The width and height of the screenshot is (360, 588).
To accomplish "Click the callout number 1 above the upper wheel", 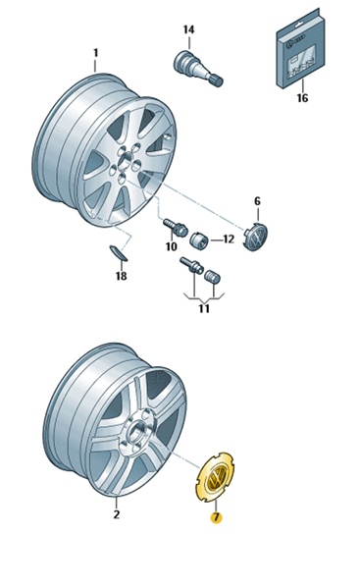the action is [x=95, y=53].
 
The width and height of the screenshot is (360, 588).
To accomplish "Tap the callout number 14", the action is [x=188, y=29].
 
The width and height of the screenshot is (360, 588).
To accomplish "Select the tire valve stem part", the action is [x=198, y=69].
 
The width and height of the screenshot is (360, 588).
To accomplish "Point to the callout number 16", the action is [x=302, y=98].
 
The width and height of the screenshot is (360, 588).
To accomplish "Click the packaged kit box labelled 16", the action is [x=300, y=48].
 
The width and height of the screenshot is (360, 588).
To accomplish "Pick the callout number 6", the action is [x=257, y=201].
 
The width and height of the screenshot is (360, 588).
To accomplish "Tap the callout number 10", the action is [x=172, y=246].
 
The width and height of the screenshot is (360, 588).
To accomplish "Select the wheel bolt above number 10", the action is [x=176, y=228].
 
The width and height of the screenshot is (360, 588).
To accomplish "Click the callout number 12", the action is [x=229, y=240].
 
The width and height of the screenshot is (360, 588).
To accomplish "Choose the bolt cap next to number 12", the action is [x=199, y=240].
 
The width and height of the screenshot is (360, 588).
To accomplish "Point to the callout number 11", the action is [x=204, y=309].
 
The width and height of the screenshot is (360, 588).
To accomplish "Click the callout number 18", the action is [x=121, y=277].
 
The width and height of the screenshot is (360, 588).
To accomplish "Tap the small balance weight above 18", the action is [x=118, y=253].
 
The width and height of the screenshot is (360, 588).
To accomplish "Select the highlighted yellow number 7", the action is [x=216, y=518].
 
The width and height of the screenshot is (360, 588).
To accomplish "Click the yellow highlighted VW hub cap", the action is [x=215, y=477].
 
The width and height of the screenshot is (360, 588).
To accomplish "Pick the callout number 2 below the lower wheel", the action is [x=117, y=514].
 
